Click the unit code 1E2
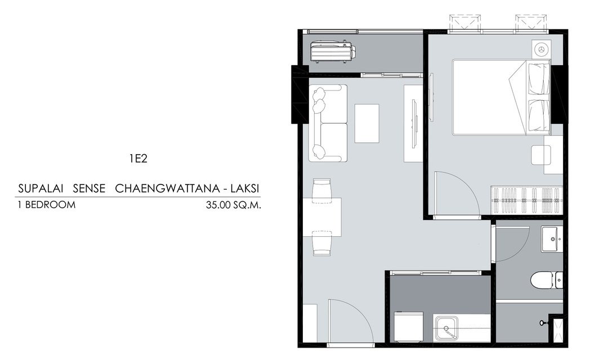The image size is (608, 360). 138,159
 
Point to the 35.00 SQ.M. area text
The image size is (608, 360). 234,205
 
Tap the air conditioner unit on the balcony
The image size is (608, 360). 333,51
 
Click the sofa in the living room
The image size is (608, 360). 328,123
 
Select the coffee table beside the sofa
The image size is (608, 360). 367,123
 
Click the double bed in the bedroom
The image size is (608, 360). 502,97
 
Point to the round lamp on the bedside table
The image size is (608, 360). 540,49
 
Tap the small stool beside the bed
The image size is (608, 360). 541,155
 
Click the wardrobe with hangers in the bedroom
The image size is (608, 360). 526,200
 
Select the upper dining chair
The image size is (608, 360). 322,190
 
